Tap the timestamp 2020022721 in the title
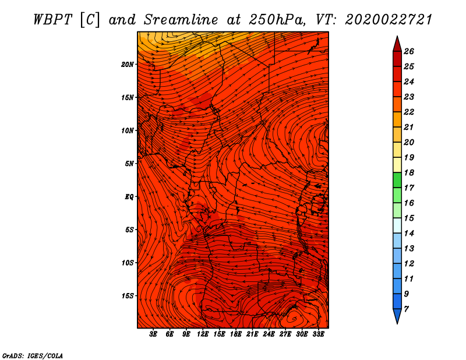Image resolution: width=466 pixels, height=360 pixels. (x=389, y=19)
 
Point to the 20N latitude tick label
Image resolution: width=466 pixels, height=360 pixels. (x=128, y=64)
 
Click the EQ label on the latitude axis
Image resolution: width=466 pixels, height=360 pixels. (x=129, y=196)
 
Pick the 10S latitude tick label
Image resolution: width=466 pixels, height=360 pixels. (x=128, y=263)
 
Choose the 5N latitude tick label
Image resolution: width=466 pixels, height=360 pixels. (x=129, y=164)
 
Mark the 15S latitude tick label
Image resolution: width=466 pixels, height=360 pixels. (x=128, y=296)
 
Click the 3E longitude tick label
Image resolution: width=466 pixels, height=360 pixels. (x=154, y=335)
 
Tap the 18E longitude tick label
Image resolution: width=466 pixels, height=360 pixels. (x=235, y=335)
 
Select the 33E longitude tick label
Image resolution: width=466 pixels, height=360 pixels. (x=318, y=335)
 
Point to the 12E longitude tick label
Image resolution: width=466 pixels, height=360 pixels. (x=203, y=335)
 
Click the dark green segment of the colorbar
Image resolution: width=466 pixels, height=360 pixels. (x=397, y=181)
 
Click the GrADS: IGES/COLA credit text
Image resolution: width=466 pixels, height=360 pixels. (x=32, y=355)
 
